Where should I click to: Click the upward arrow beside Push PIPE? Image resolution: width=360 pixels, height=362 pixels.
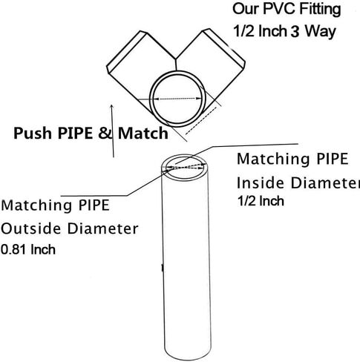click(x=112, y=131)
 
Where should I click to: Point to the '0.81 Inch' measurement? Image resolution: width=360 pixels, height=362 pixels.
click(x=28, y=250)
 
